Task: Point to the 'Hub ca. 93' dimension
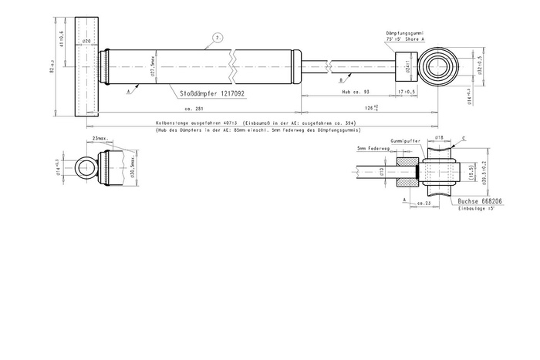point(356,92)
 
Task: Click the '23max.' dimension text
point(99,138)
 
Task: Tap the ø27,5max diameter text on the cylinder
point(154,68)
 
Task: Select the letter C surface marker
point(463,140)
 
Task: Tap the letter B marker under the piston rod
point(342,79)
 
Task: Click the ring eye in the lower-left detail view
point(86,167)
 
